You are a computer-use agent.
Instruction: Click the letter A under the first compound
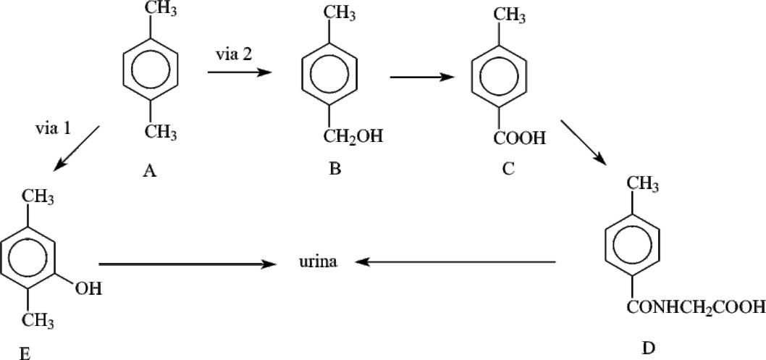pyautogui.click(x=151, y=172)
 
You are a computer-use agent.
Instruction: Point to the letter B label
pyautogui.click(x=334, y=169)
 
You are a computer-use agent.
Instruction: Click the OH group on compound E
pyautogui.click(x=88, y=289)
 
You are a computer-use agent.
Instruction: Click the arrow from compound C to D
pyautogui.click(x=585, y=142)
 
